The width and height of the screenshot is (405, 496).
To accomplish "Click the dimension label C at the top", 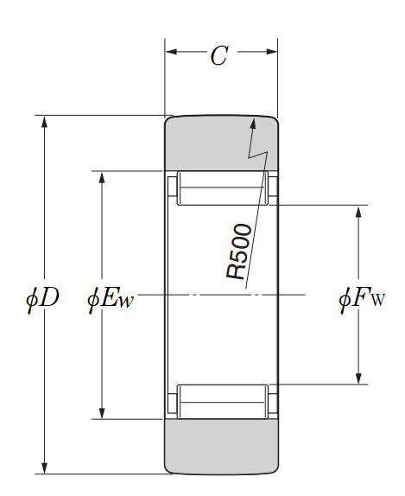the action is (x=219, y=56).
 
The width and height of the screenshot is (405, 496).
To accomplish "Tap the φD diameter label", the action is (x=42, y=298).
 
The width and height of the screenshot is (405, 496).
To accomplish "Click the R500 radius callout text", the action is (x=239, y=251).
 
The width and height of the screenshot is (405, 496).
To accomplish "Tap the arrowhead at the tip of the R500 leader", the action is (x=253, y=123).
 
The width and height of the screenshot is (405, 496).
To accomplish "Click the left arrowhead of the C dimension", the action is (x=171, y=52).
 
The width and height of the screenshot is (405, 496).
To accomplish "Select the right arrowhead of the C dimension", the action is (x=271, y=52).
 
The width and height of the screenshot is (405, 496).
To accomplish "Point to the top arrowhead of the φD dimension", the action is (x=45, y=122).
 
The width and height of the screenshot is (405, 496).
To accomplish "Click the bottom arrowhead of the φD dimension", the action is (x=45, y=467).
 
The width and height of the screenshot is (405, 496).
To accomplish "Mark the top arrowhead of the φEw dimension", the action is (x=102, y=177).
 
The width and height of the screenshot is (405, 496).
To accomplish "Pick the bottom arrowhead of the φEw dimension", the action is (x=102, y=413).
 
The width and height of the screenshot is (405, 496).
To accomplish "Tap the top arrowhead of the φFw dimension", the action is (x=358, y=212).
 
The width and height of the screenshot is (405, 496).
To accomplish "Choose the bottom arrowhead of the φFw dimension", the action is (x=358, y=378).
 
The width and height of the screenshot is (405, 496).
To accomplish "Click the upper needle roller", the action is (x=222, y=188).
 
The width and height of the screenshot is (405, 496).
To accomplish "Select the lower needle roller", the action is (x=222, y=402).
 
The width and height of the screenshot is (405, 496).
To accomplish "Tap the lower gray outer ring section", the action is (x=221, y=447).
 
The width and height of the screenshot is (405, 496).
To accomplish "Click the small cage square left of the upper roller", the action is (x=172, y=188).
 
